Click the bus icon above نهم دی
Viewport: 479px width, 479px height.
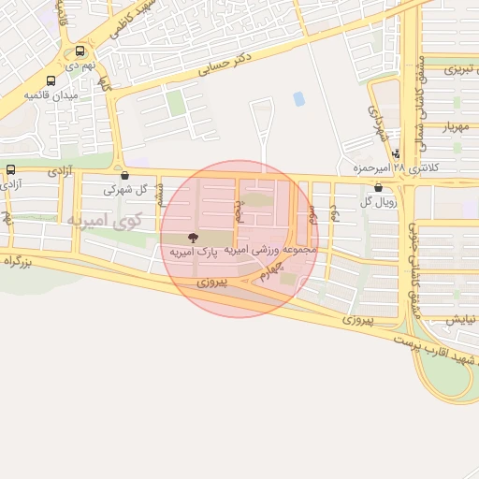80,52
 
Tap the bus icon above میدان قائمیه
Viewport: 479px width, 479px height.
51,81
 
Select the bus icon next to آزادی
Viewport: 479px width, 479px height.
11,169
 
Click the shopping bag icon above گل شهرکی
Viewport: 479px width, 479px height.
124,175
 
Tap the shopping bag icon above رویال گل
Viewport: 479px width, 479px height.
378,188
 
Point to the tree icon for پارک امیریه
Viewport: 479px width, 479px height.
193,239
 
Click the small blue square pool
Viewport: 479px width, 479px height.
298,98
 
